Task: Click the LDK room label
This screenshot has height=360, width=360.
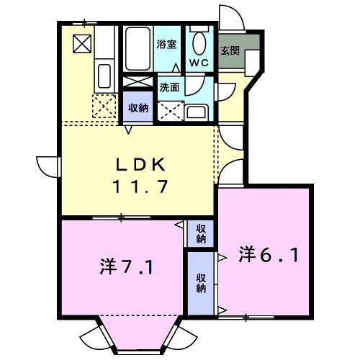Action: coord(140,163)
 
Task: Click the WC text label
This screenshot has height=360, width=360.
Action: coord(199,62)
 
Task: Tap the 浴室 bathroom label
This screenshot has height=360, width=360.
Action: coord(167,45)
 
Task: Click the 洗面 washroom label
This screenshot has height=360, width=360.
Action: coord(169,86)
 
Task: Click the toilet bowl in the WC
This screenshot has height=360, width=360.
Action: coord(199,41)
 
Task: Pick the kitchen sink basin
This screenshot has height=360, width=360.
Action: coord(103,75)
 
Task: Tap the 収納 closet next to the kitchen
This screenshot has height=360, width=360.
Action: coord(138,108)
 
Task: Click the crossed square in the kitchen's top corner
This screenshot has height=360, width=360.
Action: coord(81,44)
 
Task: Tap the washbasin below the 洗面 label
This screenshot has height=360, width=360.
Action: coord(195,111)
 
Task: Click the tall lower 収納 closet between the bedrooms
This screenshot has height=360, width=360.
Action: coord(201,281)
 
